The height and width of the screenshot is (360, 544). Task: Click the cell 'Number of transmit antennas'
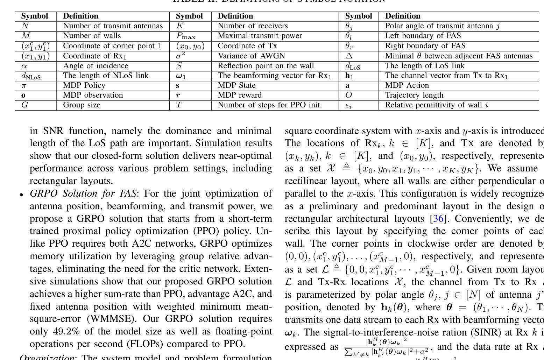pyautogui.click(x=113, y=26)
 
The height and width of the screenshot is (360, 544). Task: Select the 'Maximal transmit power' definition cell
pyautogui.click(x=260, y=36)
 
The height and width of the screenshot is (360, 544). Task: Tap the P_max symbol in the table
pyautogui.click(x=186, y=36)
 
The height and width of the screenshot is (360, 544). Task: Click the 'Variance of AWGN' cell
pyautogui.click(x=251, y=56)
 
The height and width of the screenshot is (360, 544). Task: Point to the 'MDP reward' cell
pyautogui.click(x=240, y=95)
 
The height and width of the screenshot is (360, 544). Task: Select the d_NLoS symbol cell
pyautogui.click(x=31, y=76)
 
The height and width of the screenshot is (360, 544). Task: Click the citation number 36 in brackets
pyautogui.click(x=439, y=219)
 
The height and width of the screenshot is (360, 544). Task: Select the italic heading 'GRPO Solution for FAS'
pyautogui.click(x=84, y=194)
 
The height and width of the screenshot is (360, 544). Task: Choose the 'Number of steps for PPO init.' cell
pyautogui.click(x=269, y=105)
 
